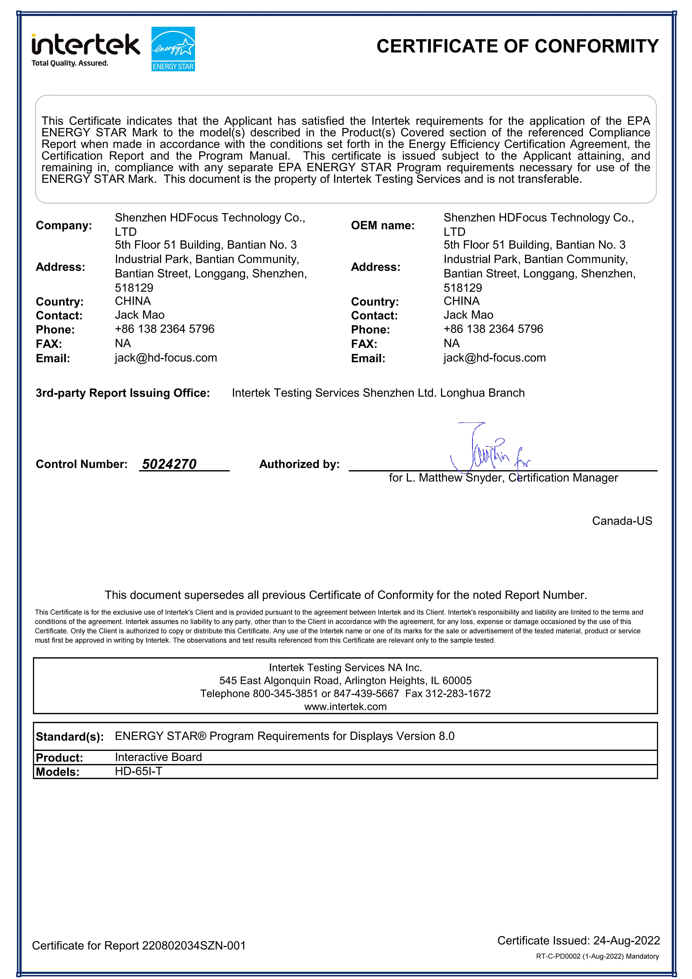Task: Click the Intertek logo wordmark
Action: click(x=85, y=45)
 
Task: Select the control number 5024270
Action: click(x=169, y=464)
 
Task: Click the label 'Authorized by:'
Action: click(x=300, y=464)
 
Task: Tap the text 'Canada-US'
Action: click(x=622, y=521)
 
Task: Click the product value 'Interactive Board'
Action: click(x=158, y=757)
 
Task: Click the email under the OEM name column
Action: click(x=495, y=358)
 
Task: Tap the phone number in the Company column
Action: click(x=165, y=329)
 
